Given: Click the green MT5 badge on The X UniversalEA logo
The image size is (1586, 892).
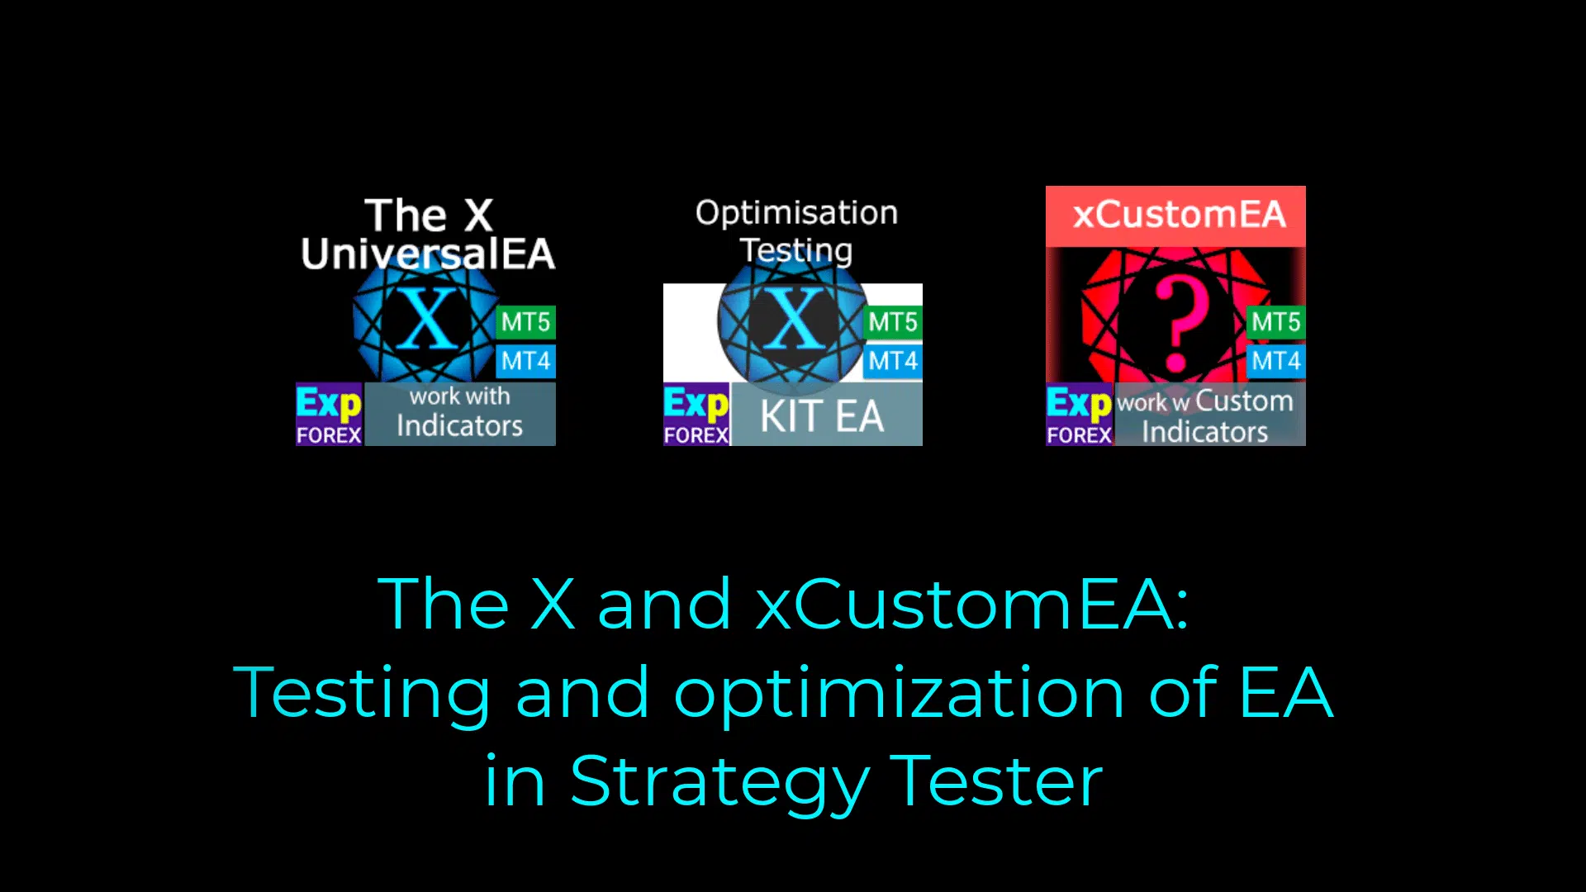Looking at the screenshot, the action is tap(525, 322).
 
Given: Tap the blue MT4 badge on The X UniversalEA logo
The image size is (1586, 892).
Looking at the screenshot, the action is tap(525, 361).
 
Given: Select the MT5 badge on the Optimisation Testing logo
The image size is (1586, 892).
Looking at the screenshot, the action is tap(893, 322).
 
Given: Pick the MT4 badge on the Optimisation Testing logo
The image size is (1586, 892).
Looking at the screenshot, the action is tap(893, 361).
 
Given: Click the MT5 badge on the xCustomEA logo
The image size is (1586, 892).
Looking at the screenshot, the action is tap(1276, 322).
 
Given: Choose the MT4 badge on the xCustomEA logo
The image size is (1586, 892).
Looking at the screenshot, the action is tap(1276, 361).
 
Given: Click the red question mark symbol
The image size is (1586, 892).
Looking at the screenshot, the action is tap(1180, 325).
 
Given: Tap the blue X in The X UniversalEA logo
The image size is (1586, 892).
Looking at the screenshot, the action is tap(428, 318).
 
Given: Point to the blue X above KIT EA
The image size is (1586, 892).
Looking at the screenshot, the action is tap(794, 318).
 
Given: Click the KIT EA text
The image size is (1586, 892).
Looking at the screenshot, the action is tap(822, 416).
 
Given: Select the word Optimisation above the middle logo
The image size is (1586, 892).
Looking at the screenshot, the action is tap(796, 214).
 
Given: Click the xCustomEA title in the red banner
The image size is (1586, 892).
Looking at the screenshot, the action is tap(1180, 216).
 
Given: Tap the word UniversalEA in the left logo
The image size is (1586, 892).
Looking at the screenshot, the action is tap(428, 254).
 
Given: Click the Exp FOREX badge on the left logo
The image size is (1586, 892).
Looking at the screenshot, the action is tap(329, 415).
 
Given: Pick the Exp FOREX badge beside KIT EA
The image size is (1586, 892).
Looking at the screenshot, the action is tap(696, 415).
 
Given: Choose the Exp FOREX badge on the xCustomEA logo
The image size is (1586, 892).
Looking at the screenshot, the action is tap(1080, 415).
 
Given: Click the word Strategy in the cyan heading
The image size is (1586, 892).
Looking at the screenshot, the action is tap(719, 782).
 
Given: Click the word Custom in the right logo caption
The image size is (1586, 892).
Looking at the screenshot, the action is tap(1244, 401).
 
